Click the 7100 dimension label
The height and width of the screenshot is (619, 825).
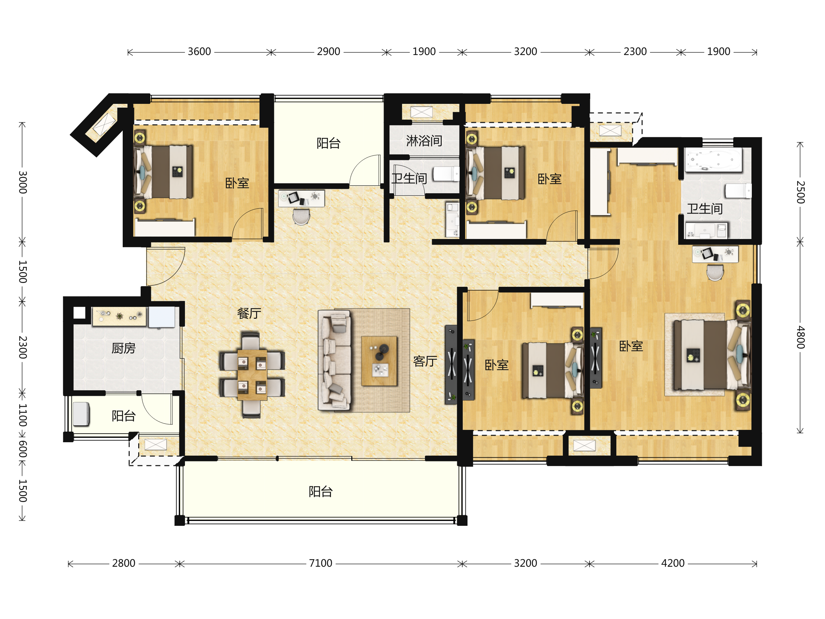[320, 563]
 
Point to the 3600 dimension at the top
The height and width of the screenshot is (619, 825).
[199, 52]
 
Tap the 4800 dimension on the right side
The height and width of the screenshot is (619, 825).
[800, 337]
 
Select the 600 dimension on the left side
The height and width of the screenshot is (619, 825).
[22, 449]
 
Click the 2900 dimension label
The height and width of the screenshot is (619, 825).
[328, 52]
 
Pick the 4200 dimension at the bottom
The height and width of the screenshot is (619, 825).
[672, 563]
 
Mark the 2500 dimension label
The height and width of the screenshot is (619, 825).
[800, 192]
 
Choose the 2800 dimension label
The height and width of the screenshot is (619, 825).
[123, 563]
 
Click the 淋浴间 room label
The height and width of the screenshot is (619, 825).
[424, 141]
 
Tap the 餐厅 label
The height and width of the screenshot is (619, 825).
[249, 313]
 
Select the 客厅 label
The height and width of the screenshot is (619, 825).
[425, 361]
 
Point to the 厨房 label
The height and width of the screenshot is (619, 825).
[123, 348]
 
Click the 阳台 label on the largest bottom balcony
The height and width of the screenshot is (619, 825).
[320, 491]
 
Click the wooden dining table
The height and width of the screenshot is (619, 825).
[252, 374]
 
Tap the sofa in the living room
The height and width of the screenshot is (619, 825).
[334, 360]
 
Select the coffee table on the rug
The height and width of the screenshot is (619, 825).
[379, 361]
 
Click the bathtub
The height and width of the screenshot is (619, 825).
[713, 160]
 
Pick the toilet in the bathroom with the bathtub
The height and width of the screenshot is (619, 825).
[738, 191]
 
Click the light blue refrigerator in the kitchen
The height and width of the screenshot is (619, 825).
[162, 317]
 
